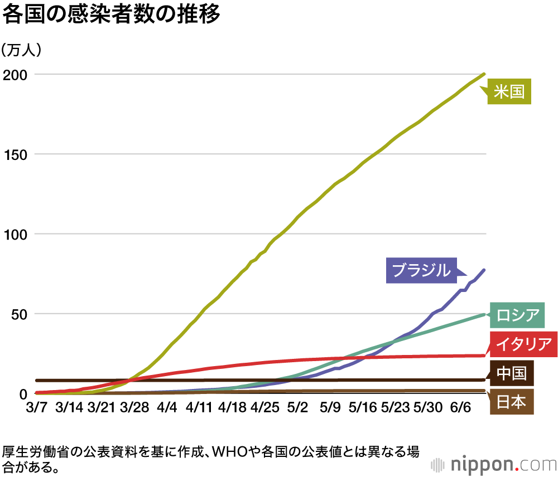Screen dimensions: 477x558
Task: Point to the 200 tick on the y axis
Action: [15, 74]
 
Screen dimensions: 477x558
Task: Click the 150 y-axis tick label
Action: [15, 154]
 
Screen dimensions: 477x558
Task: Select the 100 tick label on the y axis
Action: [15, 234]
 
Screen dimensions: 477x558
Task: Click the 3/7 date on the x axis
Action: [36, 407]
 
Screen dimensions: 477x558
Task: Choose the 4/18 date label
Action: [232, 407]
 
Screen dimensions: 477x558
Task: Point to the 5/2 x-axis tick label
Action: [297, 407]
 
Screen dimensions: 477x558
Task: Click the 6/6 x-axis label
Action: [460, 407]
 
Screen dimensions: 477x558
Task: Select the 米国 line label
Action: [509, 91]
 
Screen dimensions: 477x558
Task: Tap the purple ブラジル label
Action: [421, 270]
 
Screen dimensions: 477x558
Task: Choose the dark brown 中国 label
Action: [511, 373]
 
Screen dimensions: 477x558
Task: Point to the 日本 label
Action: [511, 401]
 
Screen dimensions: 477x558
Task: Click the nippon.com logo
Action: [494, 464]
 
